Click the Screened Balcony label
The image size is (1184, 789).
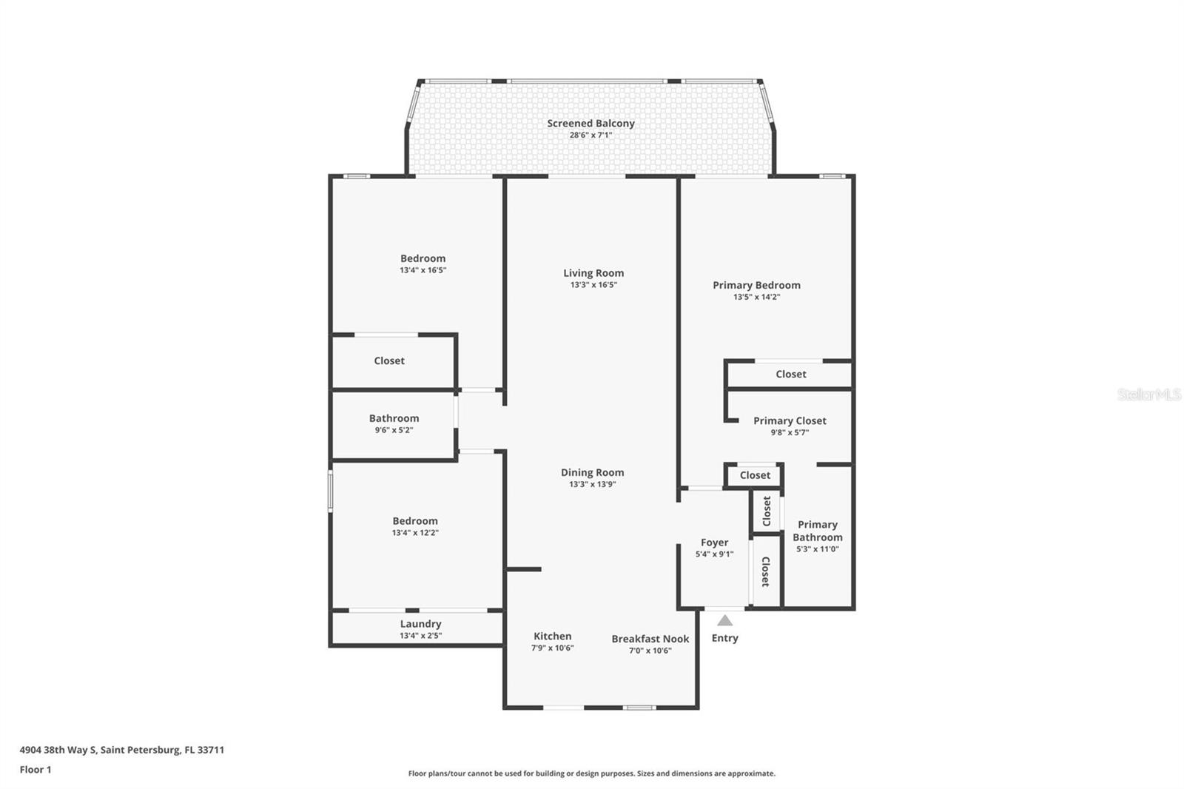click(591, 124)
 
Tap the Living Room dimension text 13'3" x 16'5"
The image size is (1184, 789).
click(593, 285)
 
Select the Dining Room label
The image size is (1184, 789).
click(592, 472)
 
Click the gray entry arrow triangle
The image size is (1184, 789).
click(725, 621)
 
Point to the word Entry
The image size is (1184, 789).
click(725, 638)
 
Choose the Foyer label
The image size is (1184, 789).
click(714, 543)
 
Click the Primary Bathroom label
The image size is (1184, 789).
click(817, 531)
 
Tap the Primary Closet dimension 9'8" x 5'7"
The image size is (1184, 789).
click(790, 432)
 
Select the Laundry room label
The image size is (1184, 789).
click(420, 624)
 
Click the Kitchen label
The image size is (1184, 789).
click(552, 636)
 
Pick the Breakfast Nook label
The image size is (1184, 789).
click(650, 639)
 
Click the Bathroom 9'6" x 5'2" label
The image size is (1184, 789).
click(394, 423)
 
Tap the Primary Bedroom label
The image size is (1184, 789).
click(756, 285)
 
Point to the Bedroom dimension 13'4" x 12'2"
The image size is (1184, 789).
click(415, 533)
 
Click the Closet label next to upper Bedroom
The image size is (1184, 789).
click(389, 361)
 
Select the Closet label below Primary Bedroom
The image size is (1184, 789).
click(790, 375)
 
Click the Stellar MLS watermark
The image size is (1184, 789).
click(1148, 394)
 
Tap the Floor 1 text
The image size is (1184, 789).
click(36, 770)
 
